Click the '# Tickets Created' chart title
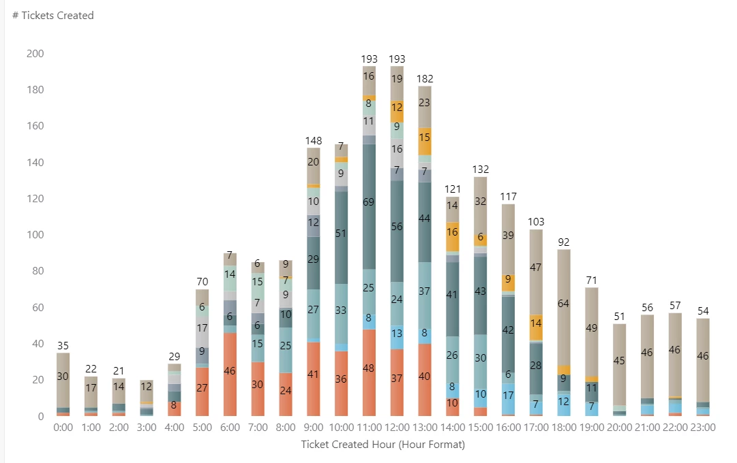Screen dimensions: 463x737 point(53,16)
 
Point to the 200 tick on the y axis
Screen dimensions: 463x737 point(35,54)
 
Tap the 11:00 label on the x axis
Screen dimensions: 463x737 point(369,428)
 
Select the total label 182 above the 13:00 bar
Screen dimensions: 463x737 point(425,79)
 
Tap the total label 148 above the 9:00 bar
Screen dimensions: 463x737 point(313,141)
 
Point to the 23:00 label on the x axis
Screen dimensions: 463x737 point(703,428)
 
